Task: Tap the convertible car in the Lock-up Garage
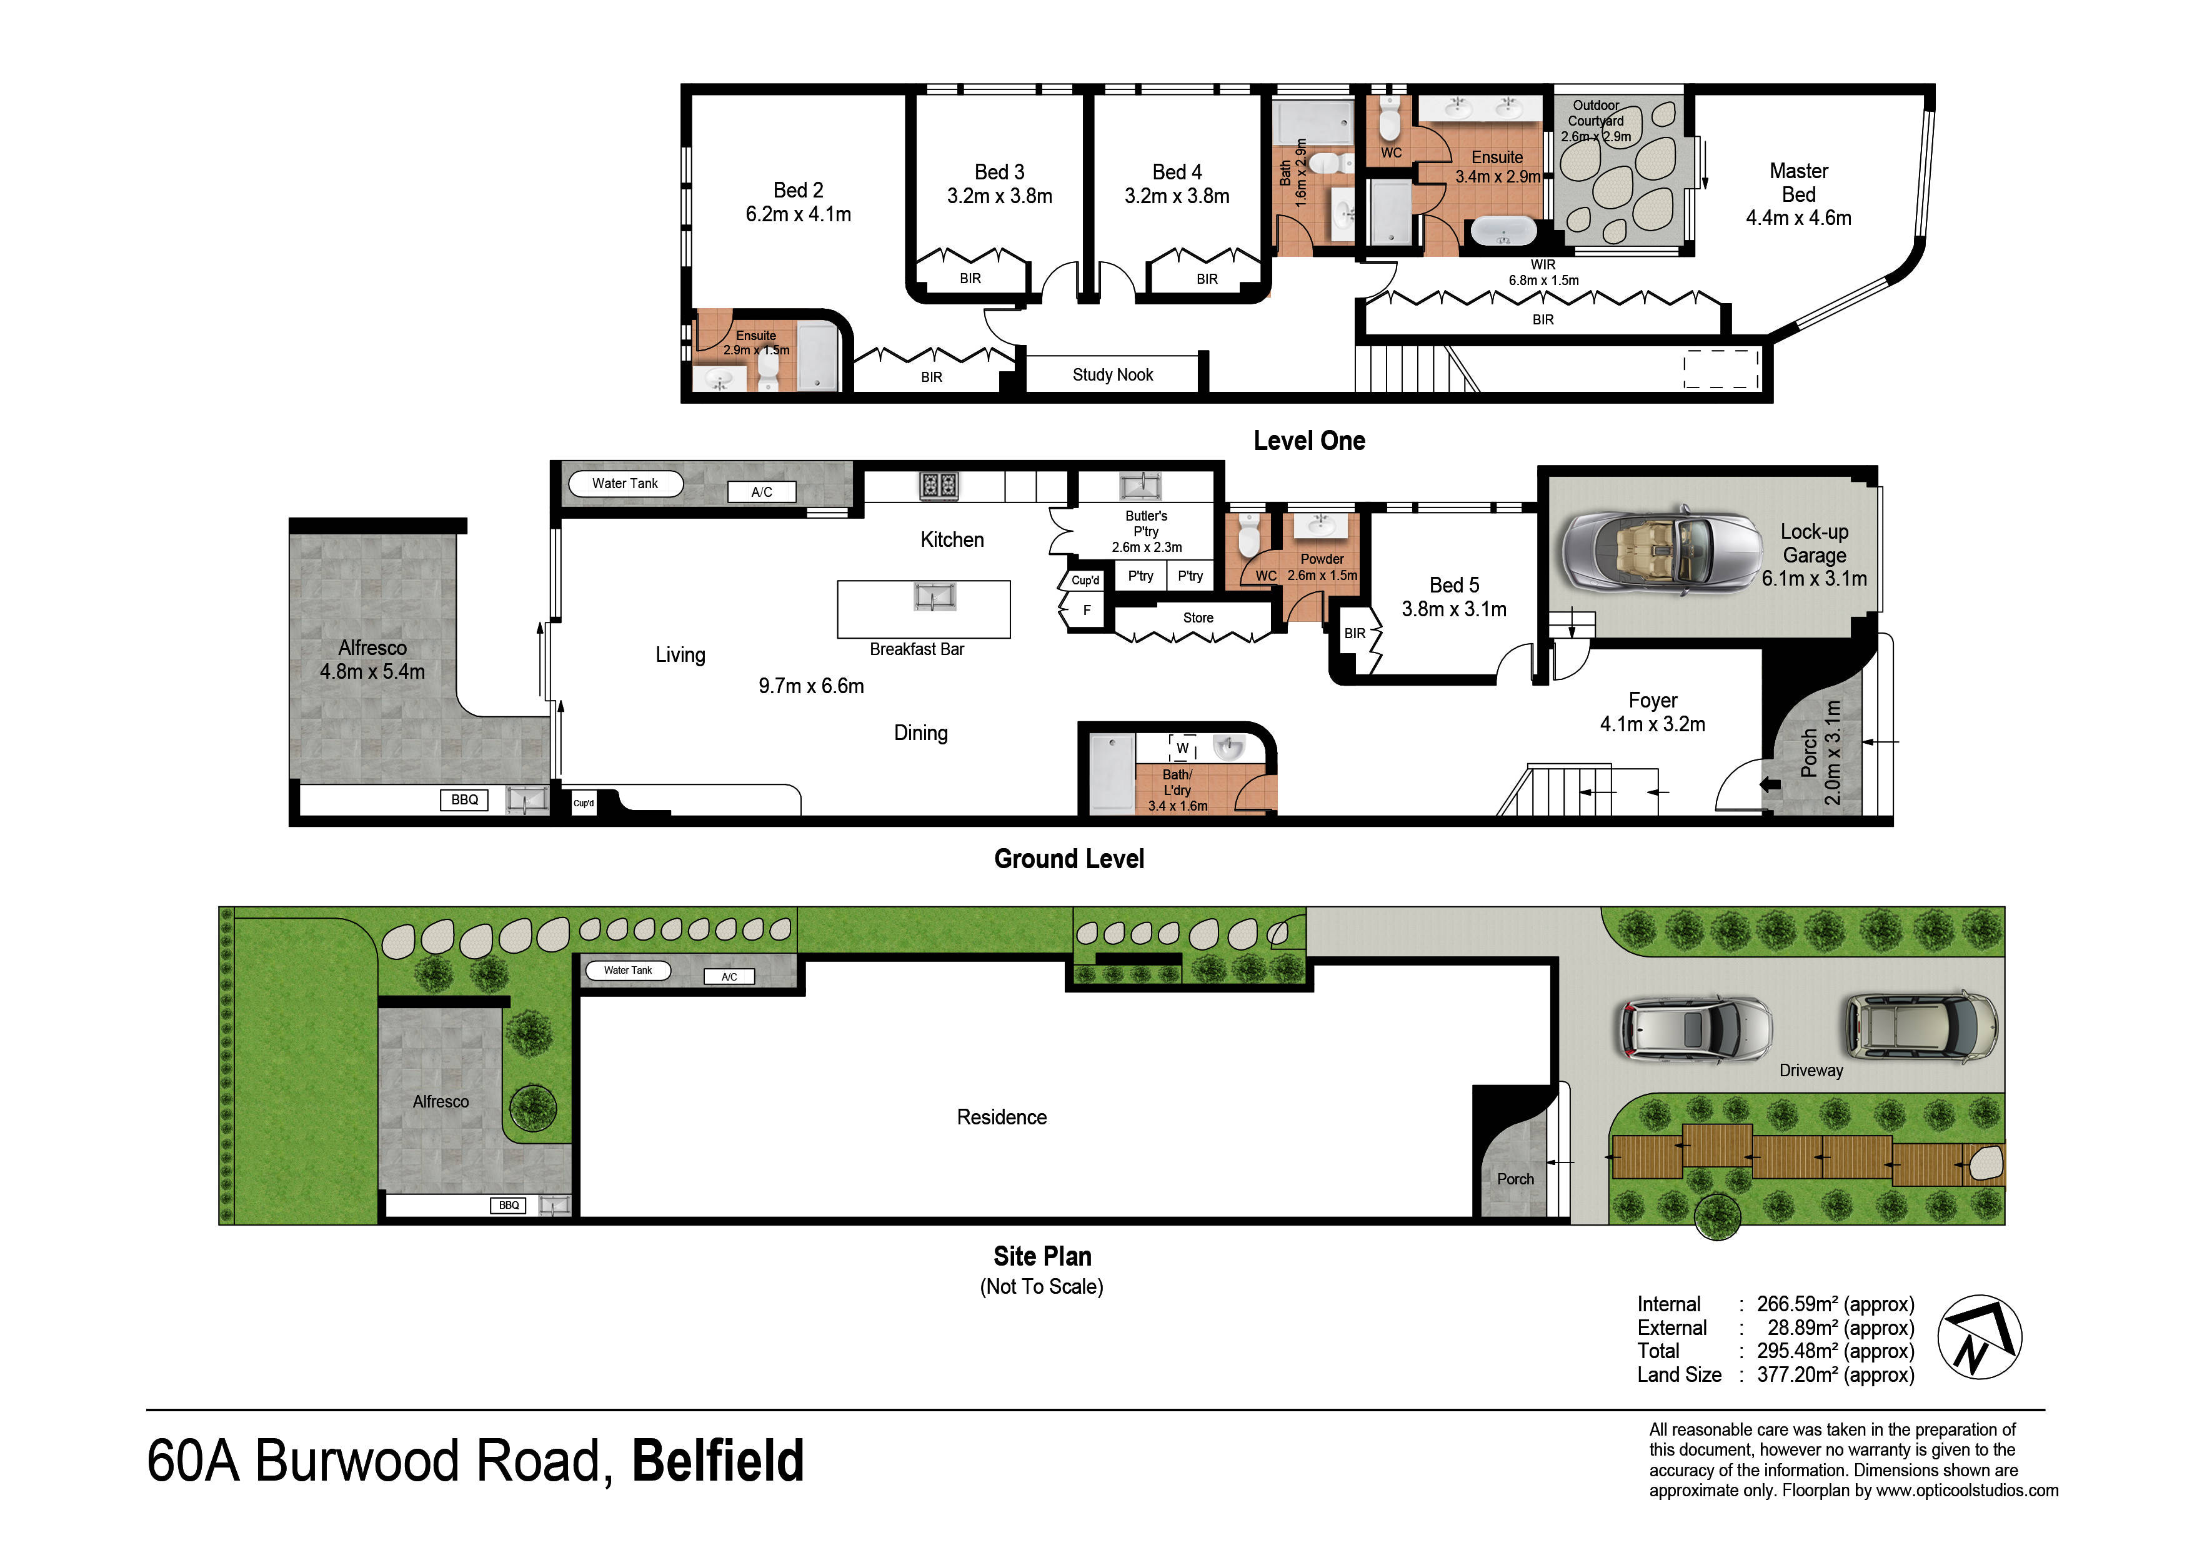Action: pyautogui.click(x=1662, y=551)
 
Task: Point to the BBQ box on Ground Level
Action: pyautogui.click(x=464, y=799)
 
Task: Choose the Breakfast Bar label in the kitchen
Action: pyautogui.click(x=917, y=649)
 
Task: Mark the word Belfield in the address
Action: pyautogui.click(x=718, y=1461)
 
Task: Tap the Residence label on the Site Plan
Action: pyautogui.click(x=1002, y=1117)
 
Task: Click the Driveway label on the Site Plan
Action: pyautogui.click(x=1811, y=1071)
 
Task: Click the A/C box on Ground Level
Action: pyautogui.click(x=761, y=492)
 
